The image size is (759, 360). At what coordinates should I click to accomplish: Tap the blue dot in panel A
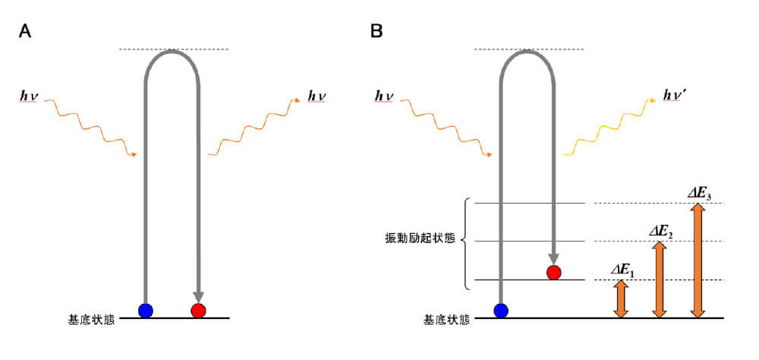click(146, 310)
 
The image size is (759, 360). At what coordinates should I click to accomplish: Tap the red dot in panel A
click(198, 310)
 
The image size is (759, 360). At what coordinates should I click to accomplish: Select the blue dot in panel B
click(500, 310)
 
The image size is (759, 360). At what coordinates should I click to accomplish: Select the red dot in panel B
click(553, 272)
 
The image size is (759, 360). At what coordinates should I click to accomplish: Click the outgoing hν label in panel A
click(317, 96)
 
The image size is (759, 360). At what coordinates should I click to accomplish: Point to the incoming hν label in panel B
click(385, 96)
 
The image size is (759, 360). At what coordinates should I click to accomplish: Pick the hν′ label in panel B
click(675, 96)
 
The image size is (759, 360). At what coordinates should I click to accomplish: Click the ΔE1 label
click(622, 269)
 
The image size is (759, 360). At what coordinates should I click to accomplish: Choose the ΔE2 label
click(660, 231)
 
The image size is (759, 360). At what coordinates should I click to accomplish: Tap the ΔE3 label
click(698, 193)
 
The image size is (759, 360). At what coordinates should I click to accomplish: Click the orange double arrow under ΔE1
click(622, 298)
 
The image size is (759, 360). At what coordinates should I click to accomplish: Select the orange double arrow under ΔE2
click(660, 279)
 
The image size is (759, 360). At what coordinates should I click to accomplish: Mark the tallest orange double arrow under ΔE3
click(698, 261)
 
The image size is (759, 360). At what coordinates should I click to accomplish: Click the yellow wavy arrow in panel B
click(607, 129)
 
